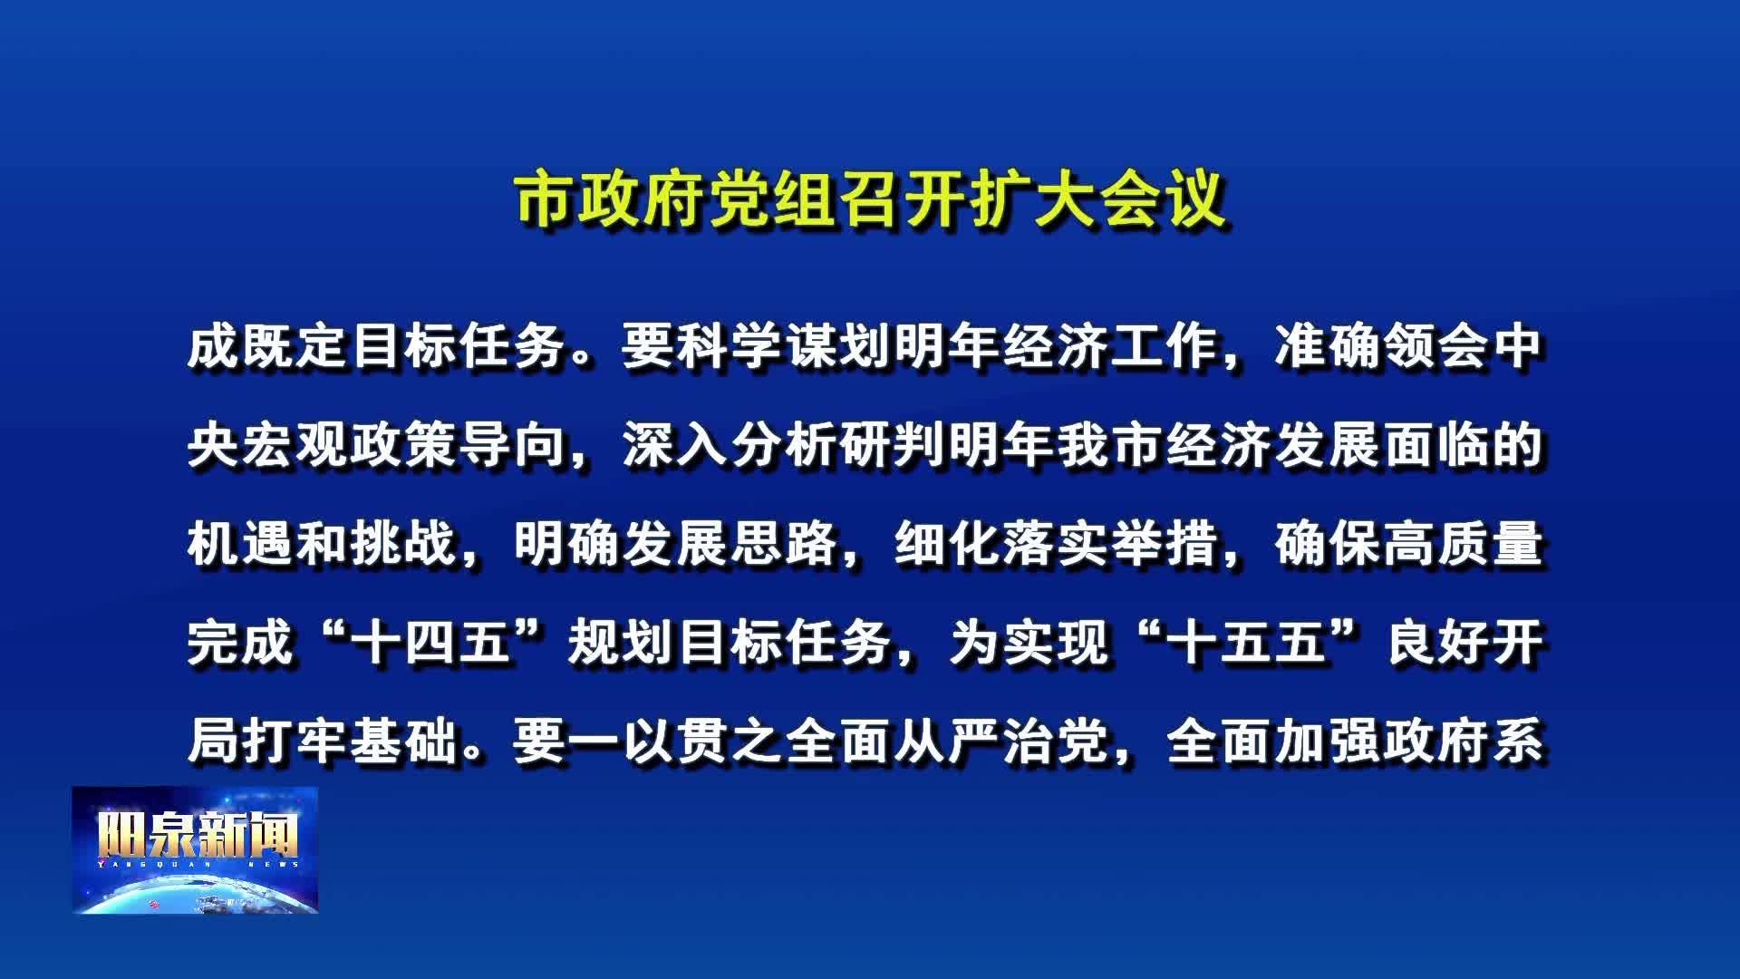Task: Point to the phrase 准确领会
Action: coord(1381,347)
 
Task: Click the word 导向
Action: coord(513,446)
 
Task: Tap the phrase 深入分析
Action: coord(730,446)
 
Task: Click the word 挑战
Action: coord(404,545)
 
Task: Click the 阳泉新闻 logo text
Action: coord(198,836)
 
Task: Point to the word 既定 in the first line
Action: coord(295,347)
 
